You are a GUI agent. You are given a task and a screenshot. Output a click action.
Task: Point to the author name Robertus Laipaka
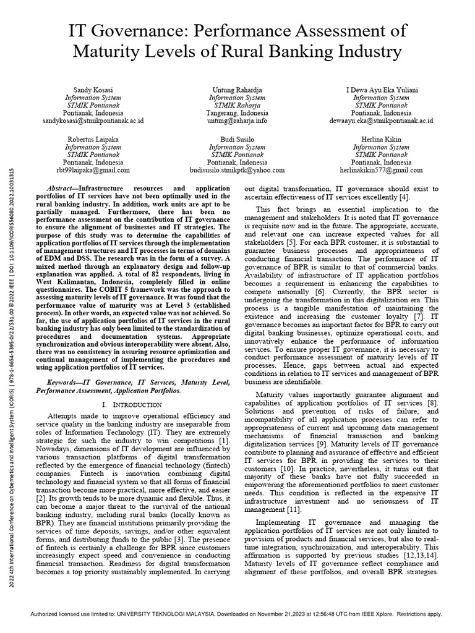94,140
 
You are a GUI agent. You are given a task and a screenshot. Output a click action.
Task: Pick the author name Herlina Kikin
381,140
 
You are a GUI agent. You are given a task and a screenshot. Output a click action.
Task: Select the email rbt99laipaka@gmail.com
94,169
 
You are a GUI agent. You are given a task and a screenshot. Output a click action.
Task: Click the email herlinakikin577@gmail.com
381,169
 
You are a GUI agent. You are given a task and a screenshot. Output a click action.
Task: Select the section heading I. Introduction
135,404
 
